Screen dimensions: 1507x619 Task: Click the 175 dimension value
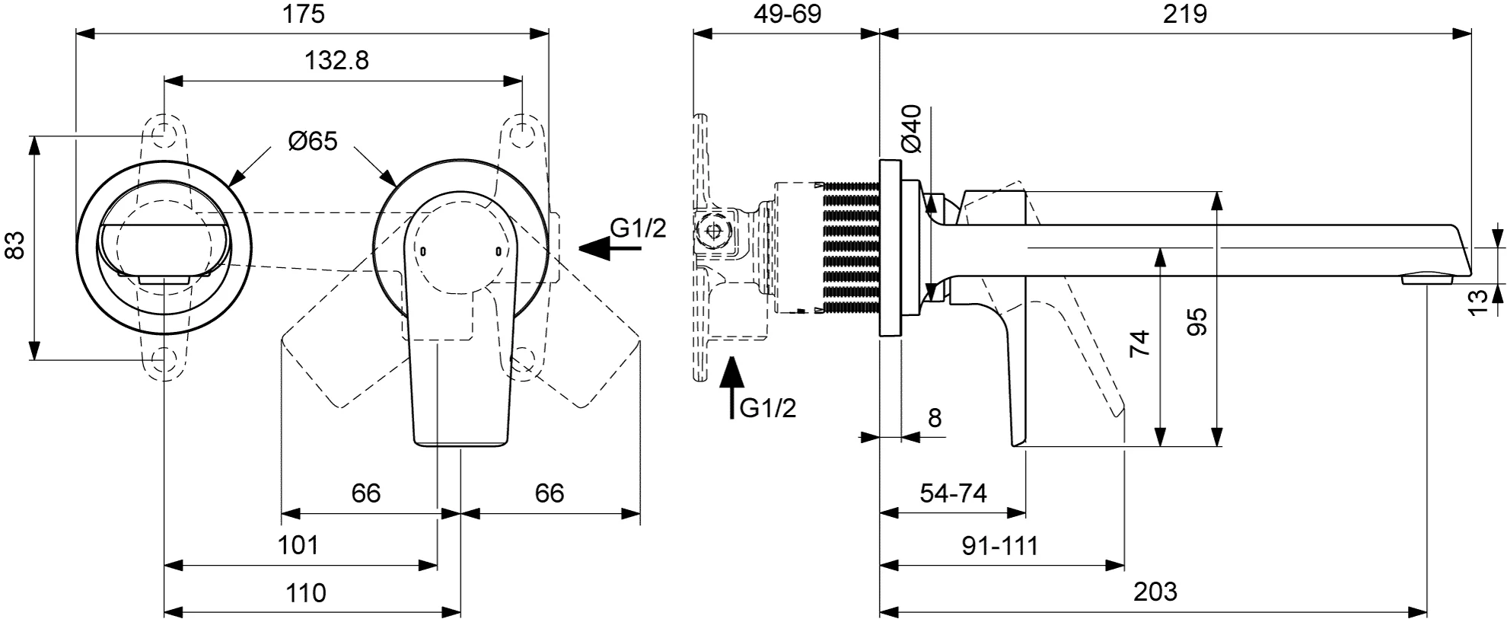point(305,14)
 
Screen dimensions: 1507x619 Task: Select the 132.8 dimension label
point(337,60)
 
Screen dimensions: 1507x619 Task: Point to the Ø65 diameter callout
point(313,141)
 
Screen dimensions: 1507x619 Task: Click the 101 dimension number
point(298,545)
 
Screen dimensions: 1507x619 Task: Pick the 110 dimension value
point(305,592)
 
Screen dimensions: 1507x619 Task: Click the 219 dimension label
point(1185,14)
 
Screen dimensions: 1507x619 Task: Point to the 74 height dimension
point(1139,344)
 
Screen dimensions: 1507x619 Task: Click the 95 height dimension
point(1197,322)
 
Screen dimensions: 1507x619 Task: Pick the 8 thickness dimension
point(935,418)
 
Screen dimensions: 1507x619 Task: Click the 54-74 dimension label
point(953,493)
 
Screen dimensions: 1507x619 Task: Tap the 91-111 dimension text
point(1000,545)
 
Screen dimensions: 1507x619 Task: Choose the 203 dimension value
point(1155,592)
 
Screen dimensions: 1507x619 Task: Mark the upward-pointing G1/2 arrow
point(731,388)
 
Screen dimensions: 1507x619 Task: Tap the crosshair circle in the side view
point(715,231)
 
